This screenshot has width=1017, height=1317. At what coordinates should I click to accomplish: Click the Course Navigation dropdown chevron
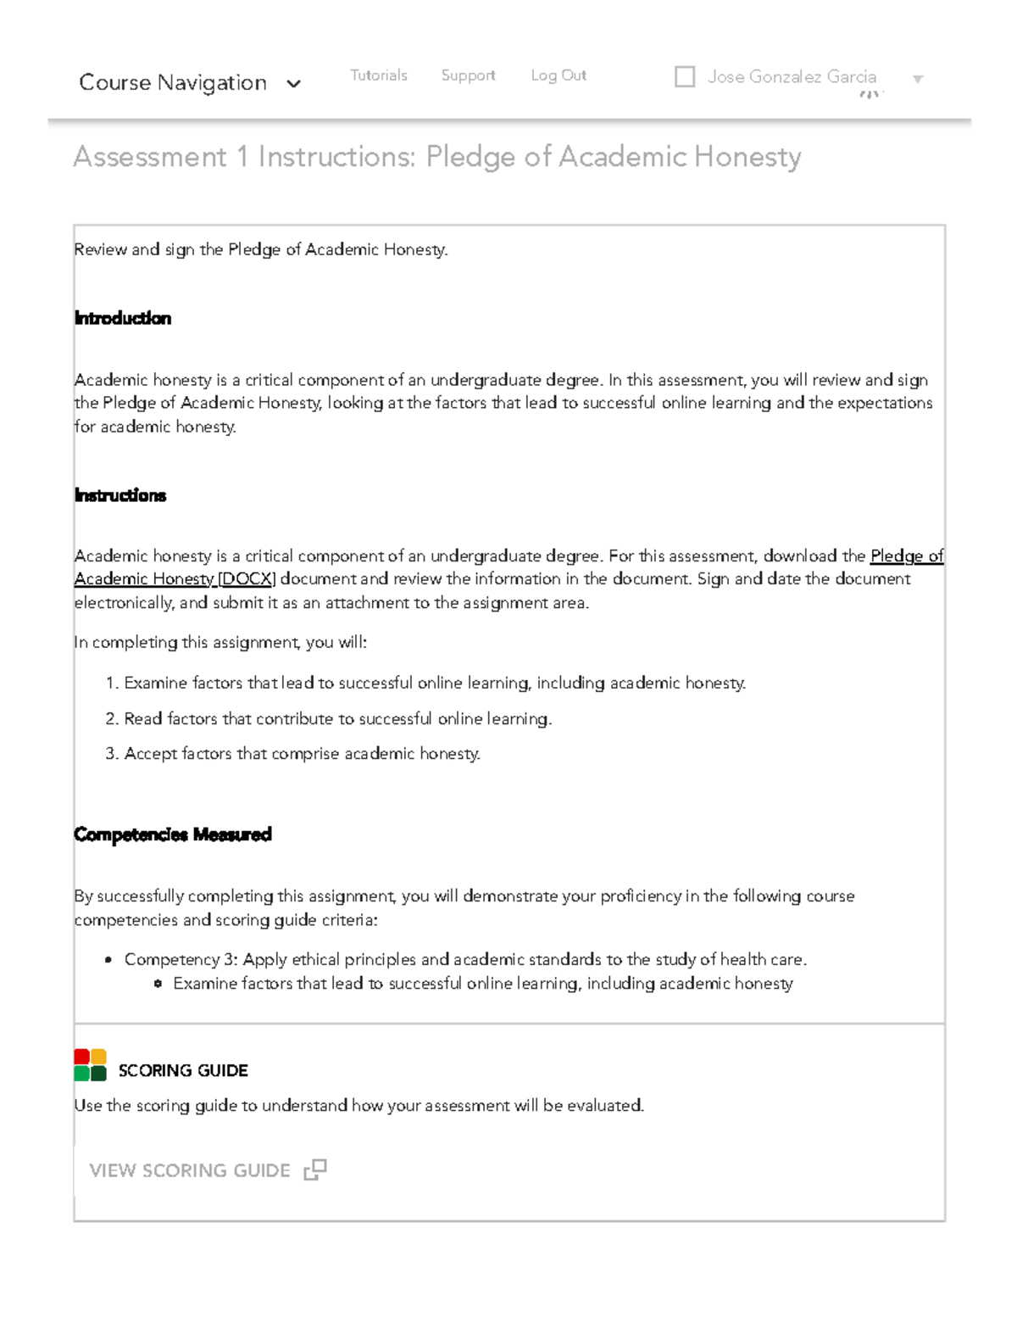(293, 84)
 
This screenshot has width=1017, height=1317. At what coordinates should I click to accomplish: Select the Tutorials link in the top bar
(378, 75)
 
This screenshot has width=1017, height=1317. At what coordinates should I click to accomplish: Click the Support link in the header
(468, 75)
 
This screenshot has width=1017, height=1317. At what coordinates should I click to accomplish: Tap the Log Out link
(559, 75)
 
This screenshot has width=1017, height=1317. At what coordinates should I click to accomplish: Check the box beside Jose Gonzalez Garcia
(685, 77)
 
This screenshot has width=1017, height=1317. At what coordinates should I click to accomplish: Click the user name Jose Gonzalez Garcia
(792, 77)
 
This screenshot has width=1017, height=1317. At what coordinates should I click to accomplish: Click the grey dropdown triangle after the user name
(917, 80)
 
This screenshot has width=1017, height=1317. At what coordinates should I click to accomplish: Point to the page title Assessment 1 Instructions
(436, 157)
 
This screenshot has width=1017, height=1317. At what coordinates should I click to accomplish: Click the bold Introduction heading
(123, 319)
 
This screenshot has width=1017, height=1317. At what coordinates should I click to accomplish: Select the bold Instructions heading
(120, 495)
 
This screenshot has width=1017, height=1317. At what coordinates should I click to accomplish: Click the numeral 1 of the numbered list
(110, 684)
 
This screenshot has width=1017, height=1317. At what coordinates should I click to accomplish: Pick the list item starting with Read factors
(337, 719)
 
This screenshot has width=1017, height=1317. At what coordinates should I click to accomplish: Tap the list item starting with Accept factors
(302, 754)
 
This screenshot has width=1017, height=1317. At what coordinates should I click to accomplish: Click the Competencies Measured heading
(173, 834)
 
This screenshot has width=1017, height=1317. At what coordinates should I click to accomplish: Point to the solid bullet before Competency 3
(108, 961)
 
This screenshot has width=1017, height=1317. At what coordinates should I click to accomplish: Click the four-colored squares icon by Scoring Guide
(90, 1065)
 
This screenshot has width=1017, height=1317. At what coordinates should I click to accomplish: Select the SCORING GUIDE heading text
(183, 1071)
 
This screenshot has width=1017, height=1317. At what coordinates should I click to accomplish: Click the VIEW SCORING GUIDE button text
(190, 1171)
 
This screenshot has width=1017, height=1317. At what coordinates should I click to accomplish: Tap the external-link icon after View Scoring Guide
(315, 1170)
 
